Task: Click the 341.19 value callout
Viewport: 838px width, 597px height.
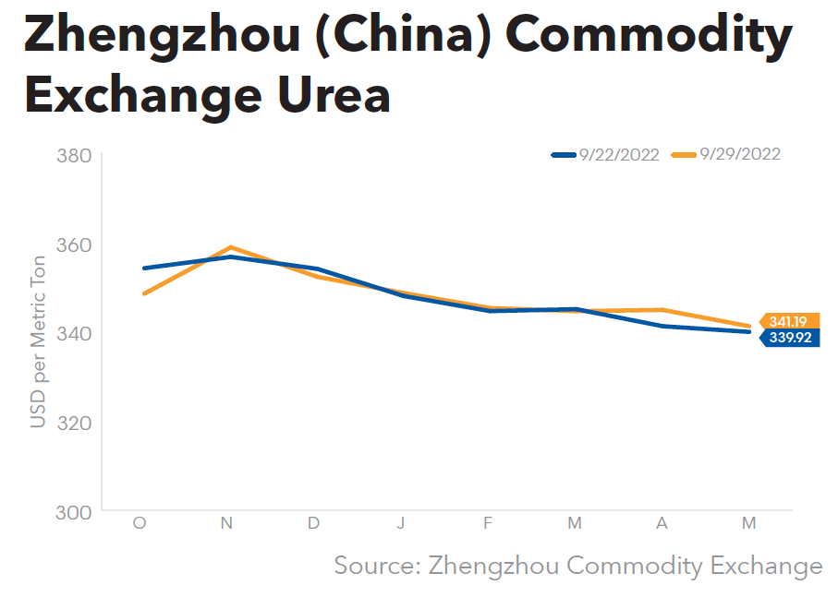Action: click(788, 322)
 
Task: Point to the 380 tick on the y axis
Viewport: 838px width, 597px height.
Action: click(74, 155)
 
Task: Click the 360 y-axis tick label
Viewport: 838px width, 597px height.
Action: click(74, 245)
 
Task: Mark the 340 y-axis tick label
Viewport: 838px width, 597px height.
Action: click(74, 333)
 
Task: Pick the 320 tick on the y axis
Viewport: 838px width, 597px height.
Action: click(74, 423)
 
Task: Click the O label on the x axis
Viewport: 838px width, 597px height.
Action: click(140, 523)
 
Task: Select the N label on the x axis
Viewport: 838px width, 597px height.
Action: click(226, 523)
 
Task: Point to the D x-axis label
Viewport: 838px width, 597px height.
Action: click(313, 523)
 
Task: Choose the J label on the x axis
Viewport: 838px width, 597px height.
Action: click(400, 523)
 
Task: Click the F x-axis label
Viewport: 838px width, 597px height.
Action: click(488, 523)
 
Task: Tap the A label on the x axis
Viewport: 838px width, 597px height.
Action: click(662, 523)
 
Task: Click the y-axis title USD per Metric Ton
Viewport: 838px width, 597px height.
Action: click(38, 341)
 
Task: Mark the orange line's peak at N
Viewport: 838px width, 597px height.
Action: click(229, 247)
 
